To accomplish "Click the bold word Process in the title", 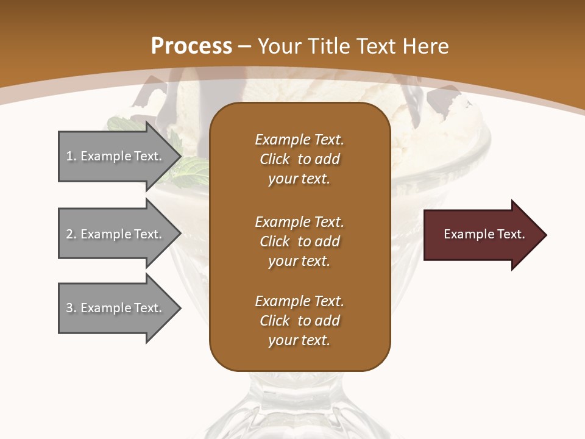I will [191, 46].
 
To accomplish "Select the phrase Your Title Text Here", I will [353, 46].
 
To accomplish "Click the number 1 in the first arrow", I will [69, 156].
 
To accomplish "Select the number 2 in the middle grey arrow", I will [69, 234].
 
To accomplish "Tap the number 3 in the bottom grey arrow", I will [69, 308].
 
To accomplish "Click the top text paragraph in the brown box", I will [299, 159].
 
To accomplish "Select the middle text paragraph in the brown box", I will [299, 241].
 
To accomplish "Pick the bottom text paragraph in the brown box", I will [299, 321].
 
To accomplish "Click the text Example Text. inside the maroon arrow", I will [484, 234].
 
